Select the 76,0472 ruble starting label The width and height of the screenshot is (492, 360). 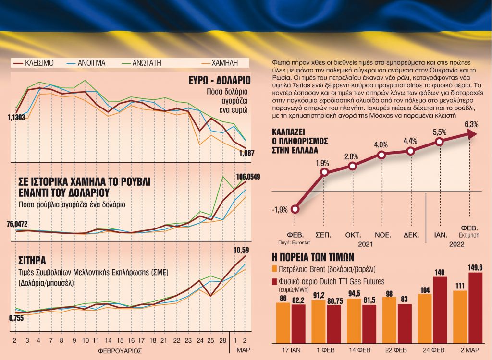(17, 223)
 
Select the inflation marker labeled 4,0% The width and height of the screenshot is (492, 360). (381, 155)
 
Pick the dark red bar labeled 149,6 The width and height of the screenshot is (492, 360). (475, 308)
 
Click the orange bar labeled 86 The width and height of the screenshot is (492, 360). (283, 323)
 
